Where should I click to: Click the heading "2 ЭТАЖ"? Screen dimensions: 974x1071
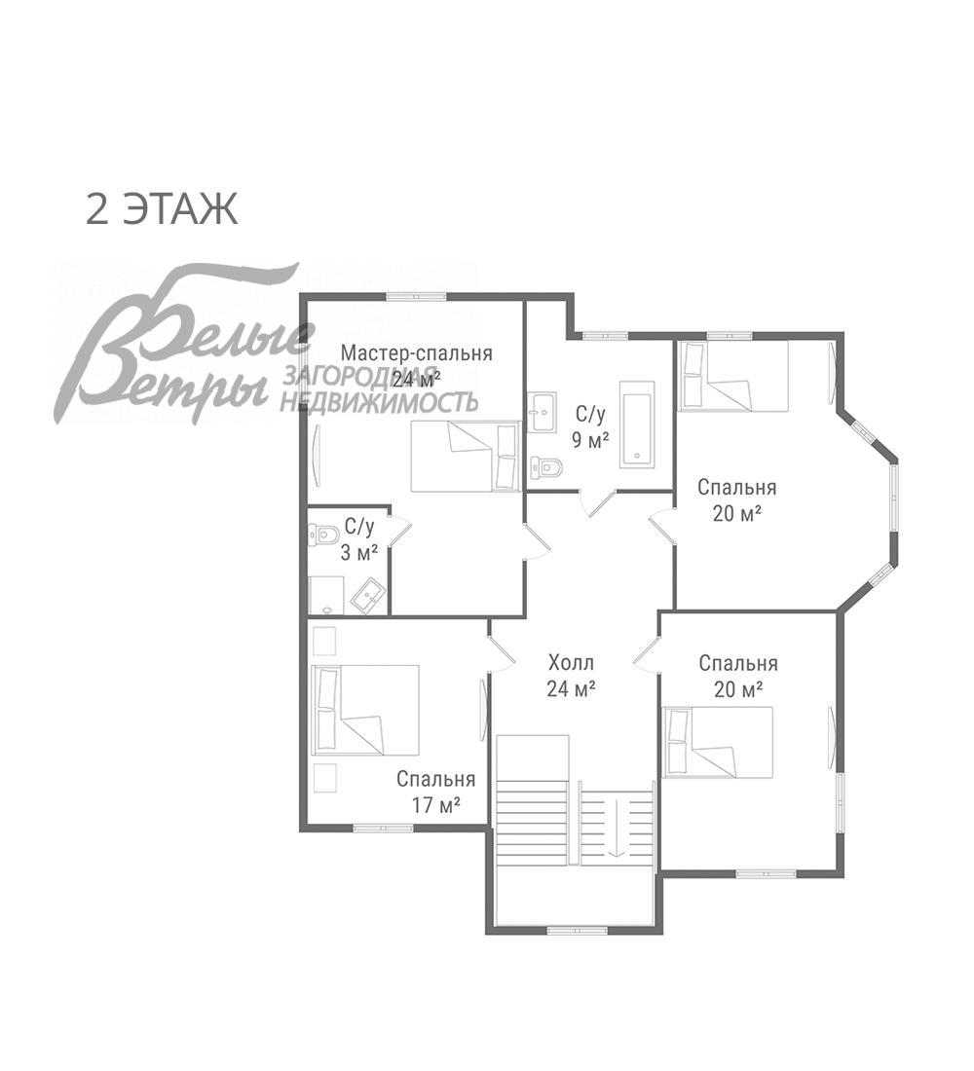point(162,209)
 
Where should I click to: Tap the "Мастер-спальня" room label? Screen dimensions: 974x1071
point(417,353)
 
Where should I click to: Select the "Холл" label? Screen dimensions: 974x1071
point(571,662)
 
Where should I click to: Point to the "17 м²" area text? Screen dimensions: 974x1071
point(435,805)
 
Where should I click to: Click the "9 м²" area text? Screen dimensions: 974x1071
point(590,440)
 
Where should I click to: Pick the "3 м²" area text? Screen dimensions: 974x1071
point(359,552)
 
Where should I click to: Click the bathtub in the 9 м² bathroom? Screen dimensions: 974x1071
point(637,425)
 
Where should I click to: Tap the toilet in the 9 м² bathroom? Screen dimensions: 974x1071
point(546,467)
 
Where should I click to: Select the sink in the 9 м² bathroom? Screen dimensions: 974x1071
point(543,412)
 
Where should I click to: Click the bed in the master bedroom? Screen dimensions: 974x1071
point(465,457)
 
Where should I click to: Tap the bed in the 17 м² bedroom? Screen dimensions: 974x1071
point(365,710)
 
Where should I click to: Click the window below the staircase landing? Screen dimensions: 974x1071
point(578,930)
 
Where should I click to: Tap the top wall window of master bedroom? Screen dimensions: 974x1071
point(416,296)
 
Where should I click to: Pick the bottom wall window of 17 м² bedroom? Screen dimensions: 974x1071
point(383,828)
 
